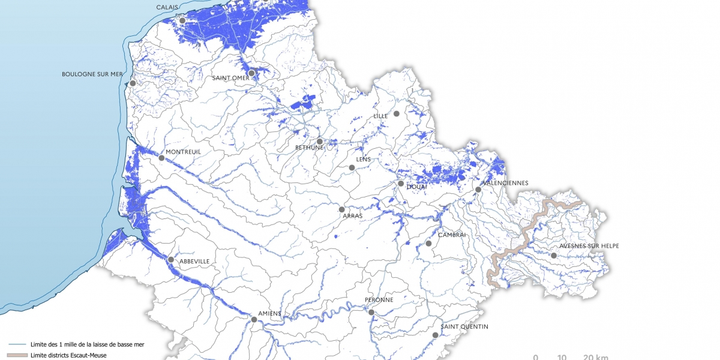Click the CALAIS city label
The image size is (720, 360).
point(167,7)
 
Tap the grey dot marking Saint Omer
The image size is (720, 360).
point(252,73)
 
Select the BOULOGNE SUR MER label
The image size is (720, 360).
point(92,74)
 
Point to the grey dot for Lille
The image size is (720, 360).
point(397,113)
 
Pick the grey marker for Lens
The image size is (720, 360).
point(352,168)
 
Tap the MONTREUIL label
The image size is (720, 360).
point(183,152)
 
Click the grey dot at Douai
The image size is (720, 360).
point(401,184)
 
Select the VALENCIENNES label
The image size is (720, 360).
point(507,183)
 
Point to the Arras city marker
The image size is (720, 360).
point(342,210)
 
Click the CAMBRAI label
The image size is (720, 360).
point(452,235)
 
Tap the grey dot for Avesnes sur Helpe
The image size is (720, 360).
point(554,256)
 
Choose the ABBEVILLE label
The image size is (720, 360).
point(194,261)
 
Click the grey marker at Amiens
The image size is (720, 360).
point(254,320)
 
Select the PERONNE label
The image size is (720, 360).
point(379,300)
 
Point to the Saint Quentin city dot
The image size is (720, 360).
point(435,335)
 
